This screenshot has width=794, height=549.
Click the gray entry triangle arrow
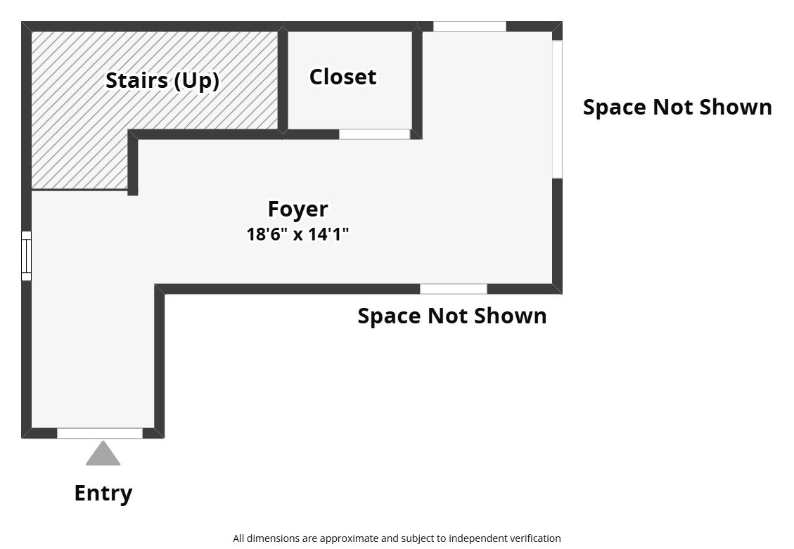(103, 454)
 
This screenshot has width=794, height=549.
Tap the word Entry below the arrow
(103, 493)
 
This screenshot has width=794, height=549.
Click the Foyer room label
(297, 209)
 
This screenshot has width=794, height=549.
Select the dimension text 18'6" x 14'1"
(297, 234)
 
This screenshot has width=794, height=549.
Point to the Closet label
(342, 77)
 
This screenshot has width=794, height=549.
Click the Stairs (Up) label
(162, 80)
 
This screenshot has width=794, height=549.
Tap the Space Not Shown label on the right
(677, 107)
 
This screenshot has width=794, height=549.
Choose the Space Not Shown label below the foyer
(452, 316)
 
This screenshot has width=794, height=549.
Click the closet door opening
(374, 134)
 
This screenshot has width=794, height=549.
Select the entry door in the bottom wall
(99, 433)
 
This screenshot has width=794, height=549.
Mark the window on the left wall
(26, 256)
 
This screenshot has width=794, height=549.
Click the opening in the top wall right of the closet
(469, 27)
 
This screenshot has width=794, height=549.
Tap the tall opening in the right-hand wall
(557, 109)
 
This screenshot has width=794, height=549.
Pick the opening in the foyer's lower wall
(453, 289)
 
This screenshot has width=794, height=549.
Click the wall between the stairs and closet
(283, 79)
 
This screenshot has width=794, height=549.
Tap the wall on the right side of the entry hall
(160, 362)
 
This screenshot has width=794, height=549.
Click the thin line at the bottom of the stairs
(79, 189)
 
